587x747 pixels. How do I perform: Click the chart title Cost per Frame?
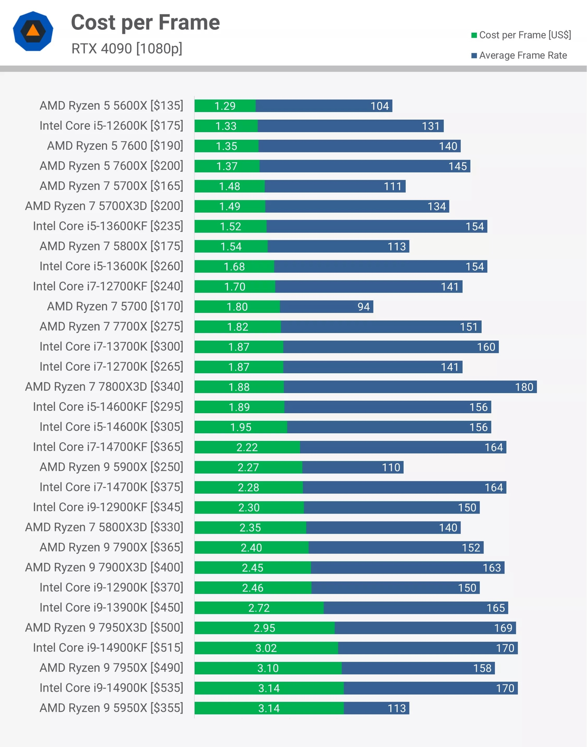(x=145, y=22)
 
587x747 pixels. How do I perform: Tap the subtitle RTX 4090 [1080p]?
(x=126, y=48)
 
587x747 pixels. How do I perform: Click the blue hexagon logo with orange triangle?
(x=33, y=31)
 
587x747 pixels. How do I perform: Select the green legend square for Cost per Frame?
(x=474, y=35)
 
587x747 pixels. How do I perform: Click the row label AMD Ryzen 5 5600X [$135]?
(x=111, y=106)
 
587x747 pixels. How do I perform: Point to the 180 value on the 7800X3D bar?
(x=524, y=387)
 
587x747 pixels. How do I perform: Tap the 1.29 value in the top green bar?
(x=225, y=106)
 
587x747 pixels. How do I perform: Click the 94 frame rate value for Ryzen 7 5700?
(x=363, y=307)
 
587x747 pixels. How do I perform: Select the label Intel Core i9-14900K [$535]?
(x=111, y=688)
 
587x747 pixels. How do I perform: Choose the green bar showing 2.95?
(x=264, y=628)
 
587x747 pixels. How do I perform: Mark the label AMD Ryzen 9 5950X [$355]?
(x=111, y=708)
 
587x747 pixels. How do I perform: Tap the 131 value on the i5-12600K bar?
(x=430, y=126)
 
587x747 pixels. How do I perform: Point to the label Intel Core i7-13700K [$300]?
(x=111, y=346)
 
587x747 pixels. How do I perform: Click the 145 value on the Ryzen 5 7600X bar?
(x=457, y=166)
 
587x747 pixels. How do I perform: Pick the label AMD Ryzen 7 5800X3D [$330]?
(x=104, y=527)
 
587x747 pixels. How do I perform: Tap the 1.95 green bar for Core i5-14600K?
(x=240, y=427)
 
